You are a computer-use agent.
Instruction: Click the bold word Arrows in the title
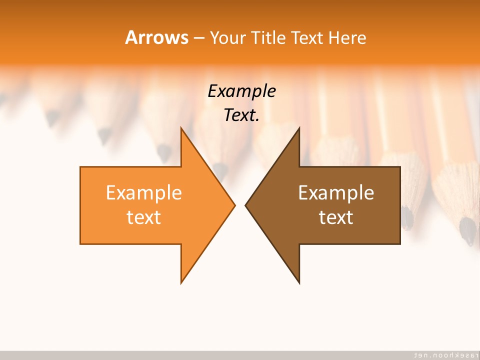(156, 37)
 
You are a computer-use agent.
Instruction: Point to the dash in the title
(198, 38)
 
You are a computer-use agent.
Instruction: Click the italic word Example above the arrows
(241, 91)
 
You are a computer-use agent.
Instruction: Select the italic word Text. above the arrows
(241, 115)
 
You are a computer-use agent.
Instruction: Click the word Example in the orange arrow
(144, 192)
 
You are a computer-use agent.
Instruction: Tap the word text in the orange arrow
(144, 217)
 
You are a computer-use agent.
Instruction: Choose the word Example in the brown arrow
(336, 192)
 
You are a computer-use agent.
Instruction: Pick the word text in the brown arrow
(336, 217)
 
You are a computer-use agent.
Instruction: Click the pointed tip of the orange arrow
(234, 205)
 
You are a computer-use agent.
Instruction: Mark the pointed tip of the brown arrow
(246, 205)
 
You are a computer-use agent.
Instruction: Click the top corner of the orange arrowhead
(181, 128)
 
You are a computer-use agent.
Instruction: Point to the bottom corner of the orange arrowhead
(181, 282)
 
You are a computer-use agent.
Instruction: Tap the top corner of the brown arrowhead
(299, 128)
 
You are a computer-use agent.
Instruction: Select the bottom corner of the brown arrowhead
(299, 282)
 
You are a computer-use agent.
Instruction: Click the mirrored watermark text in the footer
(443, 354)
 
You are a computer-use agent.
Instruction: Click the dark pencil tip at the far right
(468, 230)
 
